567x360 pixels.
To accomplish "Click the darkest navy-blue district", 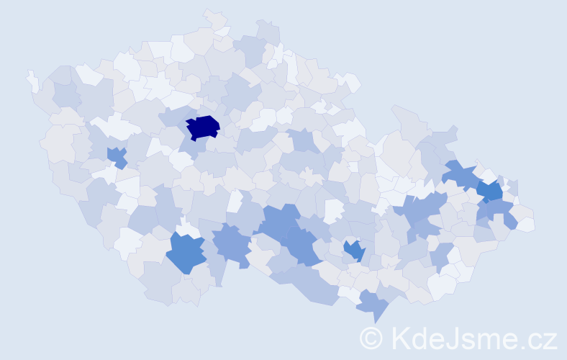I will (x=202, y=127).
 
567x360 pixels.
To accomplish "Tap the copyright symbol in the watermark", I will (x=371, y=337).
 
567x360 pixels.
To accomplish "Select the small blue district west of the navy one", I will (x=117, y=156).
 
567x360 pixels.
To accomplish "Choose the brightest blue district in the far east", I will (x=491, y=192).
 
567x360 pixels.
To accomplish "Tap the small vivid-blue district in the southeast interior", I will (x=353, y=250).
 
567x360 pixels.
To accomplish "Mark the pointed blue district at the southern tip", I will (x=372, y=304).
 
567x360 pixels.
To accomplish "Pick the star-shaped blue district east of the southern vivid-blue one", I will (x=231, y=243).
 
